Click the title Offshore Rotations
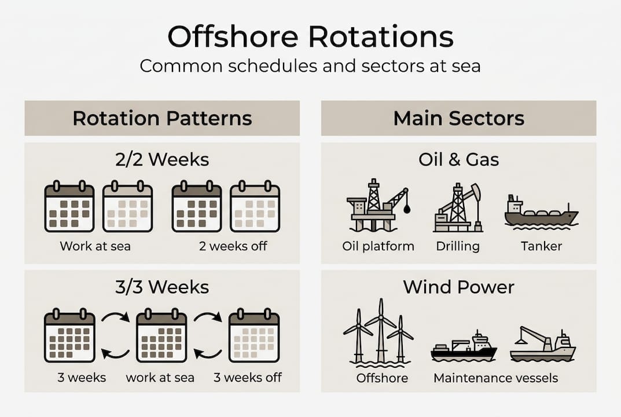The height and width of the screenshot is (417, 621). coord(310,37)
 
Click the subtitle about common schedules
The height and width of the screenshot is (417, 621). coord(310,65)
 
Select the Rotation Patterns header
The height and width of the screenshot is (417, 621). coord(162,118)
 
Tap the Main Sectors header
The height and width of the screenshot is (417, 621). coord(458,118)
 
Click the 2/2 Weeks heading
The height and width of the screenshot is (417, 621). coord(162,159)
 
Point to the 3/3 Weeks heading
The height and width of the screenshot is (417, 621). coord(162,287)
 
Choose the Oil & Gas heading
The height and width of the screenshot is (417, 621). coord(458,159)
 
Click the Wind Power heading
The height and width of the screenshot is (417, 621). coord(458,287)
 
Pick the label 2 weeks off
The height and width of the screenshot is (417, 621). coord(233,246)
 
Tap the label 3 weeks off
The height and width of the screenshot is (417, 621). coord(248,378)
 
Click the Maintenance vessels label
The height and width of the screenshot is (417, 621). coord(495,378)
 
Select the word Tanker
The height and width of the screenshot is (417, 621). coord(541,246)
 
